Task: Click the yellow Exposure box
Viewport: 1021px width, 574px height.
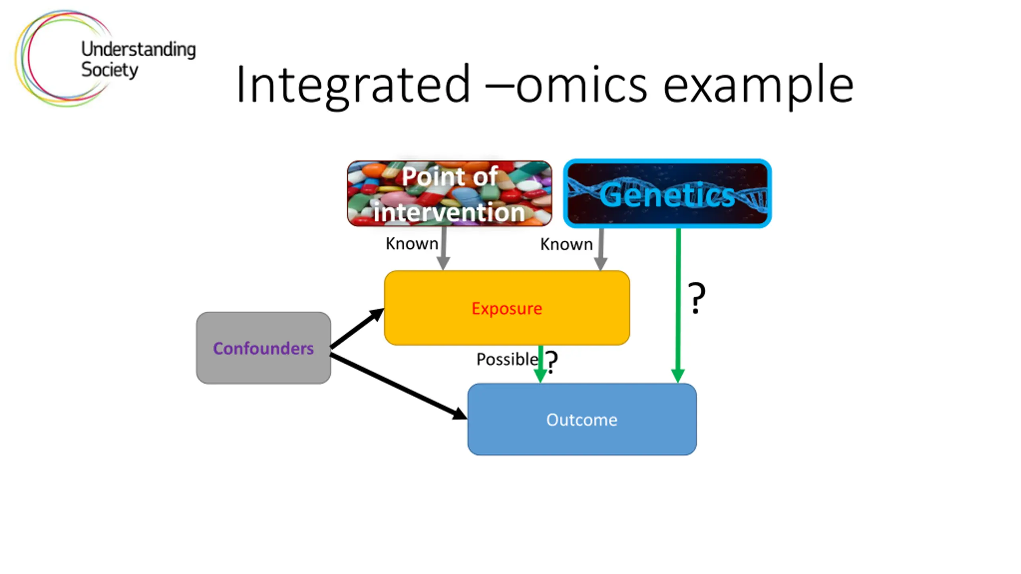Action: point(507,308)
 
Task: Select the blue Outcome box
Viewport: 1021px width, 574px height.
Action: point(581,419)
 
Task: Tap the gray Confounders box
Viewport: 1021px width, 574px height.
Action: point(263,348)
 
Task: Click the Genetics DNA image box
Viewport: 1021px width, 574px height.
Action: point(667,193)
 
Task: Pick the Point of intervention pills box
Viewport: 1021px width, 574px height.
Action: point(449,193)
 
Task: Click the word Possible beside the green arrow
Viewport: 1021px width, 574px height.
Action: point(507,359)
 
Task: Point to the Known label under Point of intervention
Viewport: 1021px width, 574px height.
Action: point(412,244)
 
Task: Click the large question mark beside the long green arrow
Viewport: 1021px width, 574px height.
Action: point(696,298)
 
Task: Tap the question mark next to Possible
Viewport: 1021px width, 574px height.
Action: point(552,362)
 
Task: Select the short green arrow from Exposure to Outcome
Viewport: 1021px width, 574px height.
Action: point(540,365)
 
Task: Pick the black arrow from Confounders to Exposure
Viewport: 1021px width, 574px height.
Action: point(356,328)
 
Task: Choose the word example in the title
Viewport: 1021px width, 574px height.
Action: point(758,85)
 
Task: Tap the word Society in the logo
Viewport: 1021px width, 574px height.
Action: point(109,70)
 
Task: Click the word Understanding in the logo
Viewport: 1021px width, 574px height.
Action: point(138,49)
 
